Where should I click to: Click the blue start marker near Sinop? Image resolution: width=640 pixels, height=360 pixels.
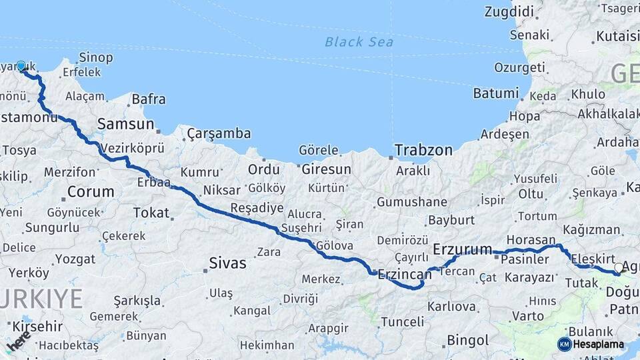[21, 66]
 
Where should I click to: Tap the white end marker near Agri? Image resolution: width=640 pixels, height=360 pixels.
[619, 268]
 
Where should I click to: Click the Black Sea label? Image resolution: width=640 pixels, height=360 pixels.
[359, 42]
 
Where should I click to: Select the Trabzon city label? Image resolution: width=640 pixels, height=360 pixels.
[423, 150]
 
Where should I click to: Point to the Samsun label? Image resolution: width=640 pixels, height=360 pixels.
[125, 123]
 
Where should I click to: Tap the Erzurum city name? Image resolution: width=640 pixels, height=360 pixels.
[462, 249]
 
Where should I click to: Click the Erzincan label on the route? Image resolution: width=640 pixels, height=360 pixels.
[405, 274]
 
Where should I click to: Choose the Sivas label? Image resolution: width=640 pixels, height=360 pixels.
[227, 263]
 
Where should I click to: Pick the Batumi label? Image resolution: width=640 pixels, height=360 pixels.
[496, 93]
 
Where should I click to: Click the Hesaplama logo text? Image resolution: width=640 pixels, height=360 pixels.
[598, 345]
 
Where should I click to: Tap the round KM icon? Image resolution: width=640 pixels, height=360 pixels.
[564, 344]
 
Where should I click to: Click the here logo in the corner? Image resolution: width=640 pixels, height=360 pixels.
[18, 342]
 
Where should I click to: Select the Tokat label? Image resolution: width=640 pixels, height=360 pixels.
[151, 212]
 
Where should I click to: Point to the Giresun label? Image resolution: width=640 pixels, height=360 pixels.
[326, 169]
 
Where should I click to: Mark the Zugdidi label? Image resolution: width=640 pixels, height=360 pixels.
[509, 11]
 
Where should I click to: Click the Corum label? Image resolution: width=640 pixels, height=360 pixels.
[91, 192]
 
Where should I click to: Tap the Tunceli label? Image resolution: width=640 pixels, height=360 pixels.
[402, 322]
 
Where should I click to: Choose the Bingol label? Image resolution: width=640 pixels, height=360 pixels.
[467, 340]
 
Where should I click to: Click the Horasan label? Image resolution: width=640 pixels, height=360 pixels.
[531, 239]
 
